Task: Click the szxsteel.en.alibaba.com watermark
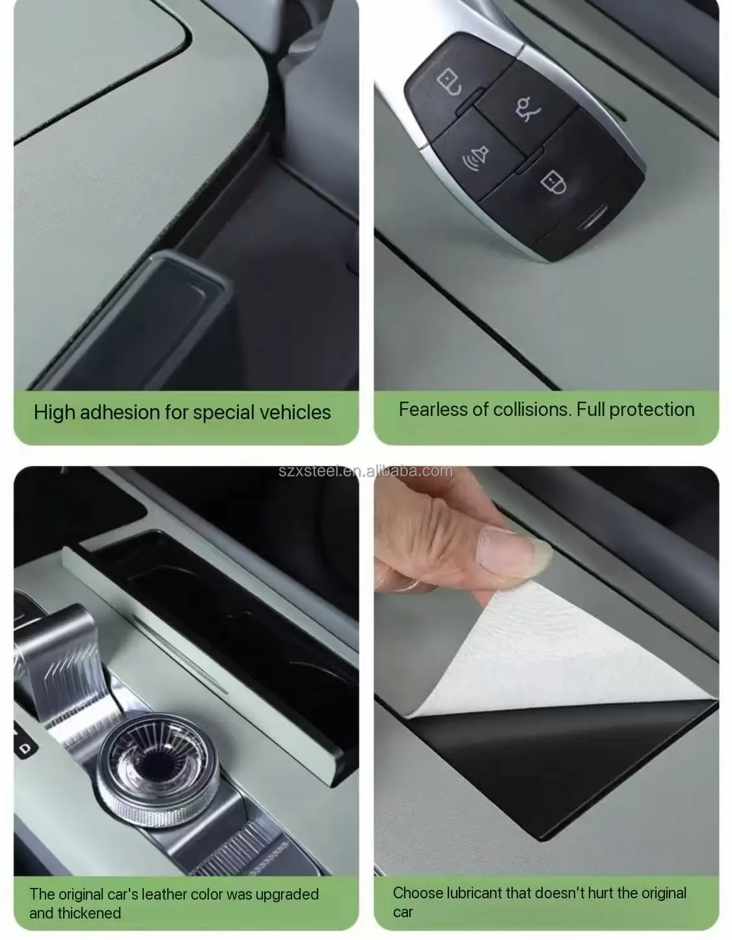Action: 366,471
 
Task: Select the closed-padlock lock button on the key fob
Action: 553,182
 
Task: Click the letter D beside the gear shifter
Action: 26,748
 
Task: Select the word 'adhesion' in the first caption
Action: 120,412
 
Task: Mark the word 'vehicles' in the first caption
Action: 295,412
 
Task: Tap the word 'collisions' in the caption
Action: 533,409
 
